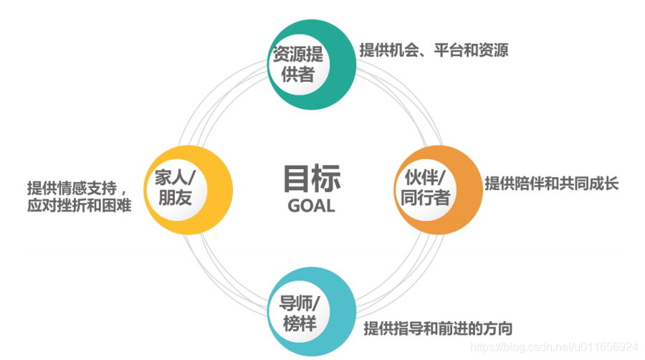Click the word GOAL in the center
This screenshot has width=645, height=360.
tap(311, 205)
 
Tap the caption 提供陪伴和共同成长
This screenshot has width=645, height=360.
tap(551, 183)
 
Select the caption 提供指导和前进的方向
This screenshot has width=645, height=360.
tap(438, 329)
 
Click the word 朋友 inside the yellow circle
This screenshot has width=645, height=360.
tap(175, 198)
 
